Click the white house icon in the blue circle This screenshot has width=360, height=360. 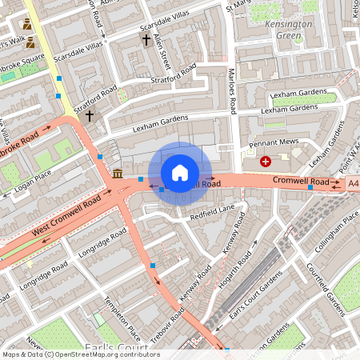pos(180,173)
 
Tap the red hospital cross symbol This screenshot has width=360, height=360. pos(266,162)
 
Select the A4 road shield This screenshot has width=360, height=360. pos(353,183)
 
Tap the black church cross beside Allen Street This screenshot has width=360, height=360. pos(146,39)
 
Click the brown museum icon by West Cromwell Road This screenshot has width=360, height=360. pos(118,174)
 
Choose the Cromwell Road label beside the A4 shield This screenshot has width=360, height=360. pos(300,182)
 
